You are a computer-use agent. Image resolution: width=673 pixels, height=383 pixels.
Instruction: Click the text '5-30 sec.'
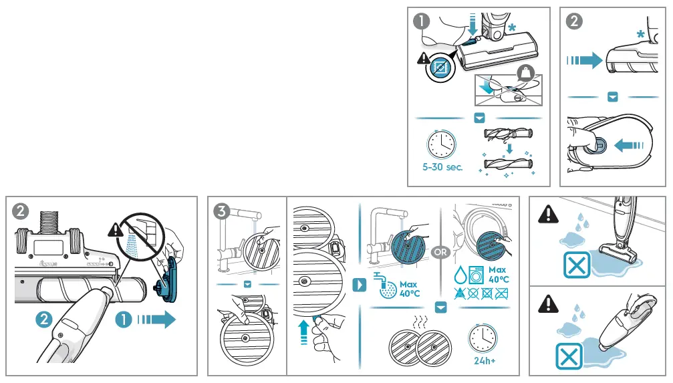click(442, 167)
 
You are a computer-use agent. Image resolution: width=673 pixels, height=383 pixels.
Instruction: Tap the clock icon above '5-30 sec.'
click(442, 142)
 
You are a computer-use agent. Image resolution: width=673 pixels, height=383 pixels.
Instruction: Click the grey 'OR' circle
click(440, 253)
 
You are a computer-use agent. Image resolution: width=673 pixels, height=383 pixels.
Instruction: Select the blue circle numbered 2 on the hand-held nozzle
click(43, 320)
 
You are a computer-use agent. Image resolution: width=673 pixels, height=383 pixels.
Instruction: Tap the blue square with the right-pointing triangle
click(359, 285)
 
